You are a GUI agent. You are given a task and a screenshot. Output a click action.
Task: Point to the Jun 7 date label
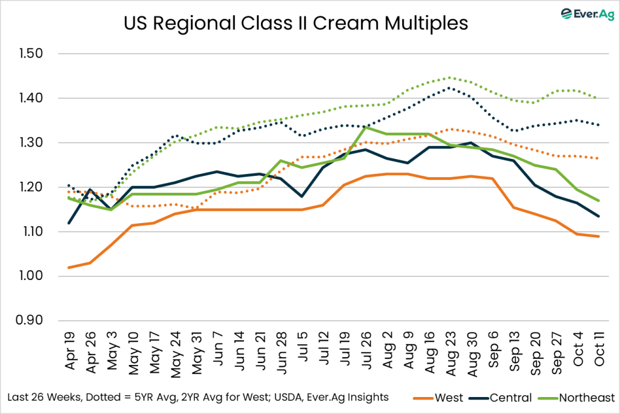[x=216, y=350]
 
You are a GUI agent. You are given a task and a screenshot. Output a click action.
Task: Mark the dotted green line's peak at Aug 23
[x=449, y=78]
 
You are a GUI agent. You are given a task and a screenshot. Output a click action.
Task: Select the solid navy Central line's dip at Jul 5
[x=301, y=196]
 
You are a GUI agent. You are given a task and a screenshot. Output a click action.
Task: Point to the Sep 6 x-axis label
[x=492, y=350]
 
